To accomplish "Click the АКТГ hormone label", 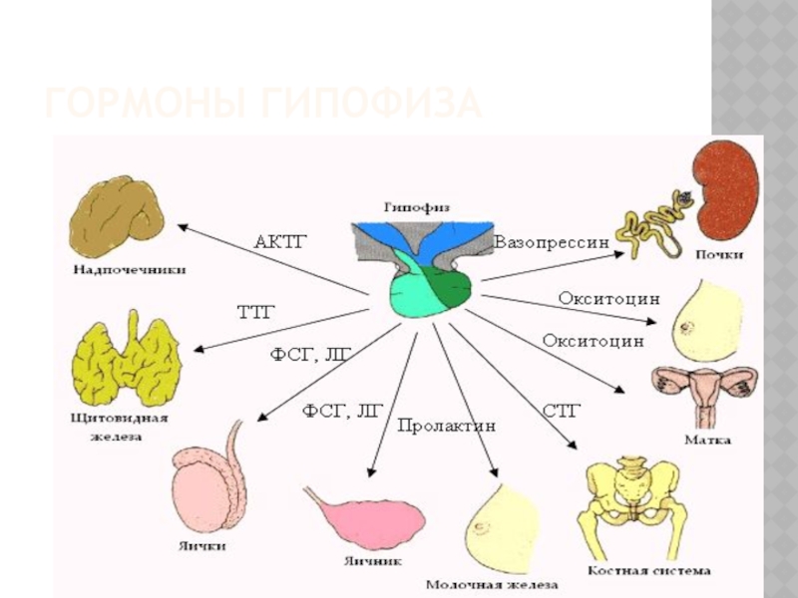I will coord(278,241).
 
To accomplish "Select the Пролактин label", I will coord(446,427).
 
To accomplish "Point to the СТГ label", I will coord(561,410).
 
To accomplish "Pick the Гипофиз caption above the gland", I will coord(417,207).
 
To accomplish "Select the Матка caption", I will coord(707,439).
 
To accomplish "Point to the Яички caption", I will coord(205,546).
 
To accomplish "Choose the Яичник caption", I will coord(370,561).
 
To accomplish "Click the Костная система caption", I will coord(662,571).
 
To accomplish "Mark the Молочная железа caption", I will coord(492,584).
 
